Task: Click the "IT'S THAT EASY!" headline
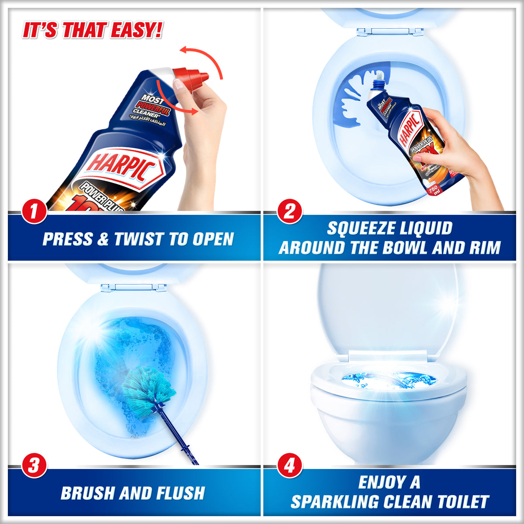pyautogui.click(x=92, y=31)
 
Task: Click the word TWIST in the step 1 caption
pyautogui.click(x=139, y=239)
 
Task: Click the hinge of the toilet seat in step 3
pyautogui.click(x=134, y=287)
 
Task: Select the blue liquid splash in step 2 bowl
pyautogui.click(x=352, y=100)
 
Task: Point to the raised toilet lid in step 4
pyautogui.click(x=386, y=306)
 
